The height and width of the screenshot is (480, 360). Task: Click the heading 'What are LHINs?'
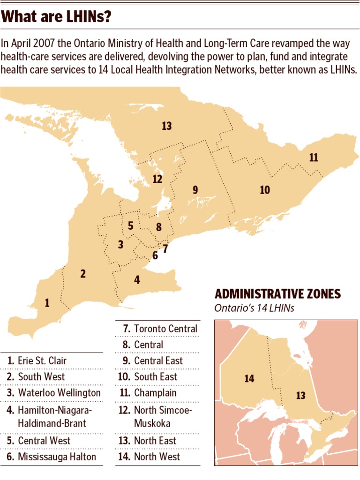(56, 18)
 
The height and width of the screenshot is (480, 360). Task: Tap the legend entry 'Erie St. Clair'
(42, 361)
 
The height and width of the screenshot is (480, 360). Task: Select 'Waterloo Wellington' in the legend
(59, 393)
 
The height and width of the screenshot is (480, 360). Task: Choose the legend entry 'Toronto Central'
(165, 329)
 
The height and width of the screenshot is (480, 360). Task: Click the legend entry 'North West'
(157, 457)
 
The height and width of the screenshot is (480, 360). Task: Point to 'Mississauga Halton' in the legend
(57, 457)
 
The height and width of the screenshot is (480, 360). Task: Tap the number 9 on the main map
(195, 190)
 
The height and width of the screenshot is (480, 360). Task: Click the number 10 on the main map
(265, 190)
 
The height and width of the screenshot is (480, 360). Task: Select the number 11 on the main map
(314, 157)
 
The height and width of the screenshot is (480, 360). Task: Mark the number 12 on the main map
(157, 179)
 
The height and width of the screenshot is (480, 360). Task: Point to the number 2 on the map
(83, 274)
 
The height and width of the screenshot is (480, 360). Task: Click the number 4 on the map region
(137, 280)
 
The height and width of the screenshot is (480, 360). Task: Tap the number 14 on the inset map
(249, 378)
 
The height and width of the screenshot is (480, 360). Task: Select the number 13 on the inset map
(301, 396)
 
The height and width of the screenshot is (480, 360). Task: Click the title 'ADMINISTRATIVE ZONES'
(277, 294)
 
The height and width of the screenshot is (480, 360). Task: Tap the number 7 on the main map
(165, 249)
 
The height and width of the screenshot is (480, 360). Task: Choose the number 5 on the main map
(131, 225)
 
